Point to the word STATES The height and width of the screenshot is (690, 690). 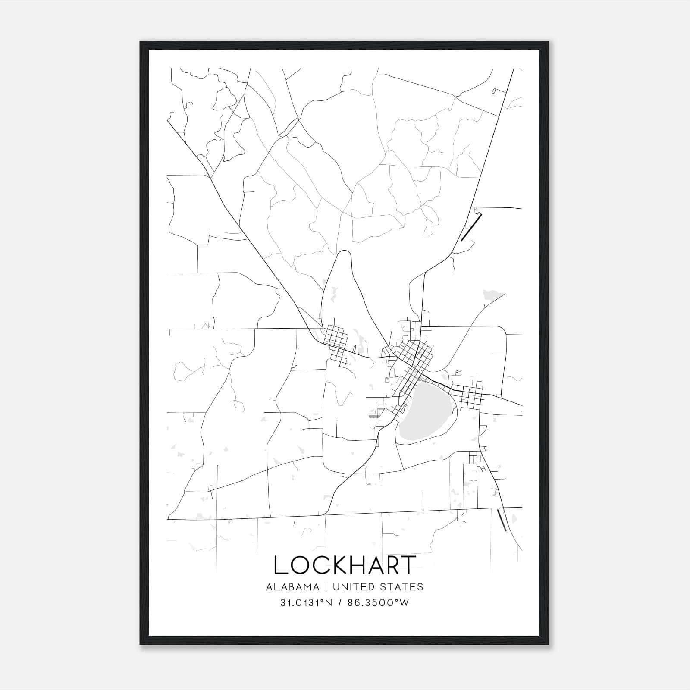coord(403,587)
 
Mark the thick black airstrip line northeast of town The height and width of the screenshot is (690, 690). coord(471,227)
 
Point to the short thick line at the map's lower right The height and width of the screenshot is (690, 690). coord(502,520)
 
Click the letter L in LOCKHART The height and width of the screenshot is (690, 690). coord(280,565)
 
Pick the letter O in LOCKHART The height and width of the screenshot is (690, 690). coord(300,565)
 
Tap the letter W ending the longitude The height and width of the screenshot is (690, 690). coord(405,603)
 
